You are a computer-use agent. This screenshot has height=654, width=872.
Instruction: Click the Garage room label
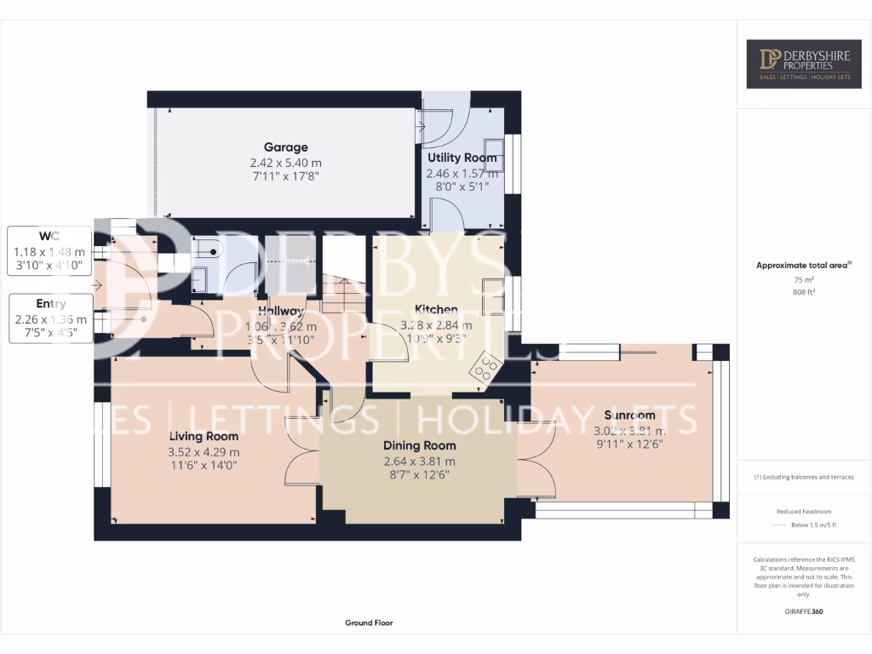click(285, 147)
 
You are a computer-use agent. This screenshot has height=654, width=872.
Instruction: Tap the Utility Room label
click(462, 158)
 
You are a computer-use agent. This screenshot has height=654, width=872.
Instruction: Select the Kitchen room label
click(436, 309)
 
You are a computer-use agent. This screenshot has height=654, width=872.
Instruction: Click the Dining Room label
click(419, 445)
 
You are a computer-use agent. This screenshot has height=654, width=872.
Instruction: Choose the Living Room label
click(204, 437)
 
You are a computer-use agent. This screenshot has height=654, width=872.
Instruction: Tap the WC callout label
click(49, 235)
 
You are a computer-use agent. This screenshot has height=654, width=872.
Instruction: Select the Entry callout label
click(51, 303)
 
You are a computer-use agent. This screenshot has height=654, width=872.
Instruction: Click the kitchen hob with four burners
click(485, 367)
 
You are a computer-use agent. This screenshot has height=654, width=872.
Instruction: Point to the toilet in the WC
click(207, 249)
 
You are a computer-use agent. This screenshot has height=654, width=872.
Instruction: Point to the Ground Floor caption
click(369, 623)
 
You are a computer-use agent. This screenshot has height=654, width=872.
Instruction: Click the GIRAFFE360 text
click(804, 611)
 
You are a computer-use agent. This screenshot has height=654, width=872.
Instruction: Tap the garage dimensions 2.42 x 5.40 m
click(285, 163)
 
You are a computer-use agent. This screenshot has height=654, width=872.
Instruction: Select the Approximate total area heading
click(803, 266)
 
